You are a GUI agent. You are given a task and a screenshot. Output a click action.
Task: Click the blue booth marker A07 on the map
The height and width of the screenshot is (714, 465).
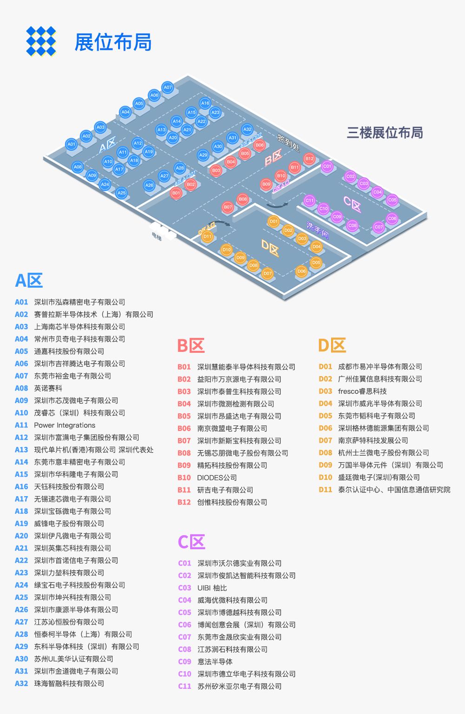tap(167, 87)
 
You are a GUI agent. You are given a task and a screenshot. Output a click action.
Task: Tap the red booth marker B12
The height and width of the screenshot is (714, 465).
tap(309, 159)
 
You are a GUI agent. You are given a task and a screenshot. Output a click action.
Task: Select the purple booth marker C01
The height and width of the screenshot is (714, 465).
tap(327, 166)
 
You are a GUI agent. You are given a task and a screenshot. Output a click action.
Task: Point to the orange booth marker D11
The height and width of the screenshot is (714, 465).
tap(207, 236)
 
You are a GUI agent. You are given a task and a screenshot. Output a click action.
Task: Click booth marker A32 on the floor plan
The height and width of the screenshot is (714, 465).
tap(247, 129)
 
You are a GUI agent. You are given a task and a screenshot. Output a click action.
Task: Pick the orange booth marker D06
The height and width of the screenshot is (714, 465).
tap(301, 271)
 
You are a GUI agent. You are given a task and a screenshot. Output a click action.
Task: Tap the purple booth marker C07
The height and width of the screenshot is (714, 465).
tap(379, 227)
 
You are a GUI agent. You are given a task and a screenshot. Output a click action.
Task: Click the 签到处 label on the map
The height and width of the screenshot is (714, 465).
tap(288, 143)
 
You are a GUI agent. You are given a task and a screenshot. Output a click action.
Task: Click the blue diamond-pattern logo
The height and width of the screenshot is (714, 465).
tap(41, 41)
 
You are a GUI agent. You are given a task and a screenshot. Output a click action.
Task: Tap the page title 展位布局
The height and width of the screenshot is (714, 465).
tap(113, 42)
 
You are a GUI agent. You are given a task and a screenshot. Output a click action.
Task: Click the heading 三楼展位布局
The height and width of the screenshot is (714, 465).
tap(385, 133)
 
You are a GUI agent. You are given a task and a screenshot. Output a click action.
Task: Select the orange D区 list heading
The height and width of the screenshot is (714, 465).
tap(332, 345)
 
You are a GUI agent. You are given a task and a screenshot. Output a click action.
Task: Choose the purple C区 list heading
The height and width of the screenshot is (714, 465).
tap(191, 542)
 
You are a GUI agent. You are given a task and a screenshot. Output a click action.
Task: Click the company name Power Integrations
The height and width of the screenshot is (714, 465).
tap(65, 425)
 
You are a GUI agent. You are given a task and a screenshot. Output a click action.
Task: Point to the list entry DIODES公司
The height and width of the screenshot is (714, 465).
tap(217, 478)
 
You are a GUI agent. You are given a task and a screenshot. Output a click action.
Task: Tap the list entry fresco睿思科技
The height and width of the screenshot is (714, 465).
tap(362, 391)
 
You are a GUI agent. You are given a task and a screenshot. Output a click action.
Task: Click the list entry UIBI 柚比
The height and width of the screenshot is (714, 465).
tap(212, 588)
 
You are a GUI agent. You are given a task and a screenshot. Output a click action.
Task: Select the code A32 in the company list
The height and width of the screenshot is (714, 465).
tap(21, 683)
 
